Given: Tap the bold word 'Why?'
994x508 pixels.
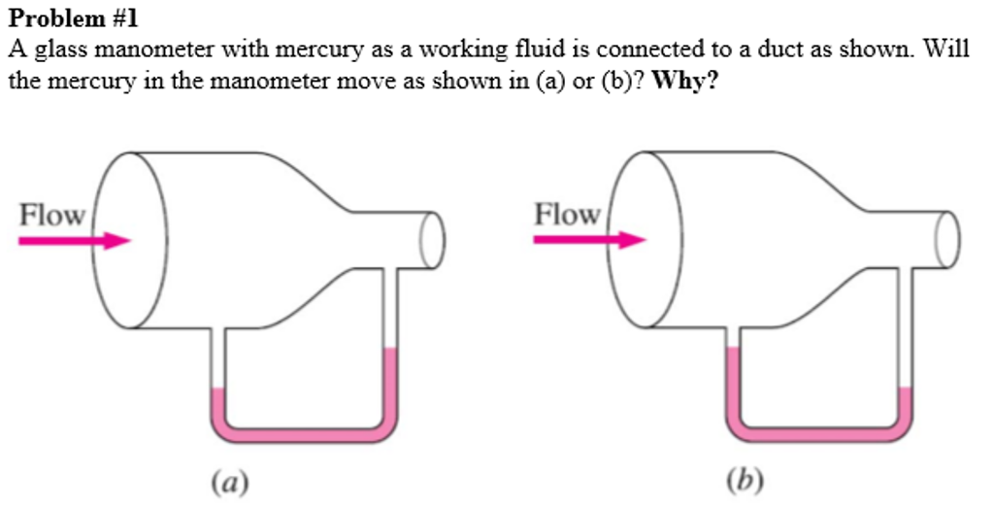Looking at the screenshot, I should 686,81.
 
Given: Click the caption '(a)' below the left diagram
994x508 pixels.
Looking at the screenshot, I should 230,480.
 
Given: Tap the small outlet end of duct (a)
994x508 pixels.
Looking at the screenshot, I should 433,238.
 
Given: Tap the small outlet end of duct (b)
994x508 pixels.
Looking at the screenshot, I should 948,238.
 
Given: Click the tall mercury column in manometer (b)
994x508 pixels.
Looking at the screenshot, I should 733,384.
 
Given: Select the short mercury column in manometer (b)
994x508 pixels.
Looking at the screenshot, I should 906,405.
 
